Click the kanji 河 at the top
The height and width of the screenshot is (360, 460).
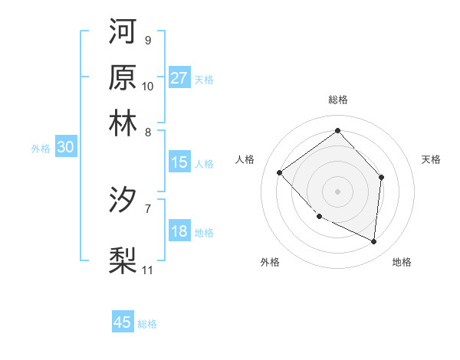point(123,31)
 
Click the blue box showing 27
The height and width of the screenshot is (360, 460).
point(179,77)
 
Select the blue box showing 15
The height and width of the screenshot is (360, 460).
point(179,162)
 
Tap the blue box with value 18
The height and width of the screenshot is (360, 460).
point(179,231)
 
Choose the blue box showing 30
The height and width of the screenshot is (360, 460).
point(65,148)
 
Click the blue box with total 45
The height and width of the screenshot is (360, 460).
point(123,322)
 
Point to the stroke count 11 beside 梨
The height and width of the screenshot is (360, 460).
point(148,270)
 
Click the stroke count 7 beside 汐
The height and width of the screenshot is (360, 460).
point(148,207)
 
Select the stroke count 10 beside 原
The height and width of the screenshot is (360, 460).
point(148,86)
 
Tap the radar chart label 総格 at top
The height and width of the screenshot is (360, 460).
point(337,100)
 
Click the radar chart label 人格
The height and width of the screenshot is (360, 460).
point(245,159)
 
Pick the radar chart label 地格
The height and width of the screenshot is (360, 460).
point(402,262)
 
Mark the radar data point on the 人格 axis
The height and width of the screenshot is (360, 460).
point(280,172)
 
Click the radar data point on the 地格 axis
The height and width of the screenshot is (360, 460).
point(373,242)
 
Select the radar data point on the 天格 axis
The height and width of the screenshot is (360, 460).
point(382,177)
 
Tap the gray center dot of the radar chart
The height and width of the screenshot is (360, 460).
point(337,191)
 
